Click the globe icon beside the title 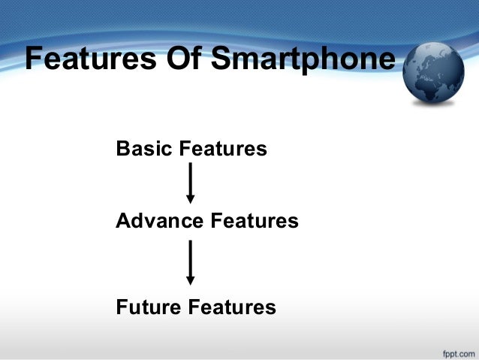[x=433, y=72]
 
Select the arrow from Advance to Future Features [x=191, y=262]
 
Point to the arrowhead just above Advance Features [x=191, y=199]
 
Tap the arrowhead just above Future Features [x=191, y=280]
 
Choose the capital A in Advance [x=124, y=221]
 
